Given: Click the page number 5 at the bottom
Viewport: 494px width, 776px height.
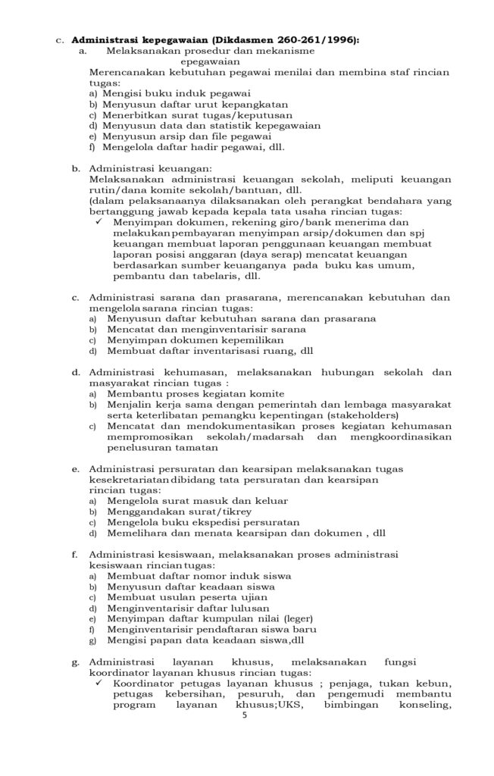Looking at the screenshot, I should (x=245, y=715).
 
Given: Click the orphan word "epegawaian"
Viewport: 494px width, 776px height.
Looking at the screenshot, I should (x=211, y=61).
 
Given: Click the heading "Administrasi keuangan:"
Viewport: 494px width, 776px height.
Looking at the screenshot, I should (x=151, y=168).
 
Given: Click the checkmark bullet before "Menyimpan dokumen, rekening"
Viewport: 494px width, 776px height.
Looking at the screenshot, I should (x=98, y=223).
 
